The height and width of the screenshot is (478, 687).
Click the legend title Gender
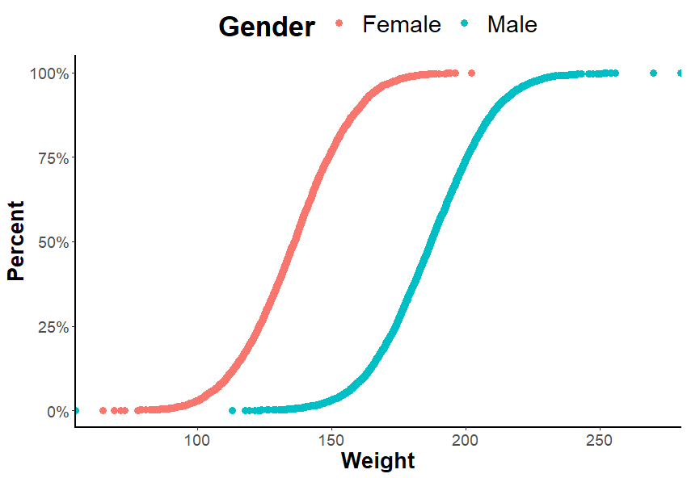tap(267, 27)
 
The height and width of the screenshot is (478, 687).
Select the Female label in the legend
tap(401, 25)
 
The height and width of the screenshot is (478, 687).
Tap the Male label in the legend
tap(512, 25)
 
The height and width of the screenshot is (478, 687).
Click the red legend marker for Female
tap(339, 25)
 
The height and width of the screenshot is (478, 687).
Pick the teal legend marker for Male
tap(465, 25)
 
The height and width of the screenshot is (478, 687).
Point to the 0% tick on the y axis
tap(57, 412)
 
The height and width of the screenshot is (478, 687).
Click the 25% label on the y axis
tap(53, 327)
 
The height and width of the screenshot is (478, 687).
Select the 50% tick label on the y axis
tap(53, 242)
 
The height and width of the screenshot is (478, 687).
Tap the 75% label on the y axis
tap(53, 157)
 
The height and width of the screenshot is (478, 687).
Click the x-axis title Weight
tap(377, 461)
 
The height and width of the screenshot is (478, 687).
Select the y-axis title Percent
tap(16, 241)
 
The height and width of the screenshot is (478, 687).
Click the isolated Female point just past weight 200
tap(472, 73)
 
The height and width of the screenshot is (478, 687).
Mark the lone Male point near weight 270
tap(654, 73)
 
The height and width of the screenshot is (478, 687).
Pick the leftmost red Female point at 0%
tap(103, 411)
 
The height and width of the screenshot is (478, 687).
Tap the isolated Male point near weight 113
tap(233, 411)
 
